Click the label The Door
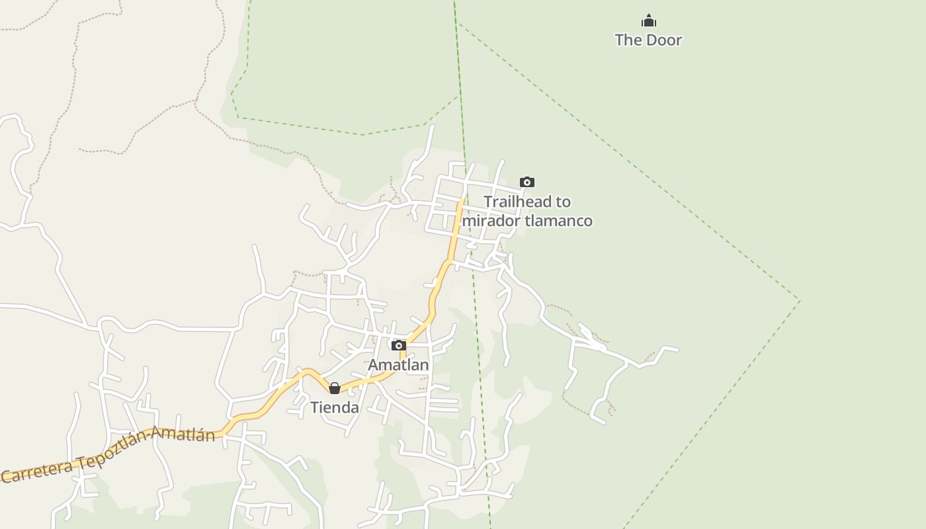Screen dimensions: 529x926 tap(648, 40)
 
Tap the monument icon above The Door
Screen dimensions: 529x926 tap(648, 20)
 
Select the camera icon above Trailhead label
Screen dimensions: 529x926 tap(526, 182)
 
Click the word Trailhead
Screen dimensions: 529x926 tap(518, 202)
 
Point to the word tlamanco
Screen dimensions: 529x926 tap(558, 220)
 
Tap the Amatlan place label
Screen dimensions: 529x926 tap(398, 365)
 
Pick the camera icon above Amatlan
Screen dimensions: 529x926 tap(398, 345)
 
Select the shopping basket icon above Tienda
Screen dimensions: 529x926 tap(335, 388)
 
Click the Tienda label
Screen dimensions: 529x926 tap(335, 407)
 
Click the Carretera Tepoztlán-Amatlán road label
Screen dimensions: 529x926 tap(109, 455)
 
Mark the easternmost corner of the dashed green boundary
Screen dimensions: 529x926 tap(799, 301)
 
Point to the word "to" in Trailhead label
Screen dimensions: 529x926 tap(563, 202)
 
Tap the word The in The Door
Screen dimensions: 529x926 tap(628, 40)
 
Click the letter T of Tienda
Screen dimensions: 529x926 tap(315, 407)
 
